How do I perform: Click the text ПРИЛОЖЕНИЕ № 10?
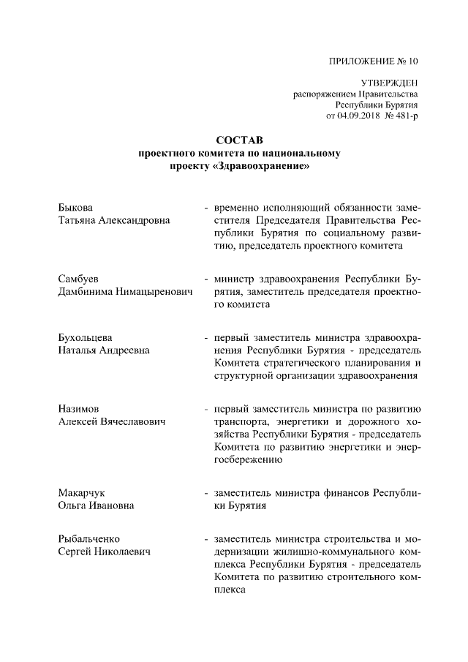[374, 61]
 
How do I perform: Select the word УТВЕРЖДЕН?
[390, 85]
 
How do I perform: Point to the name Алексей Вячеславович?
[112, 422]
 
